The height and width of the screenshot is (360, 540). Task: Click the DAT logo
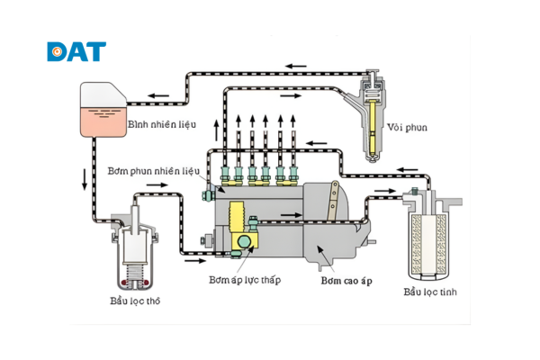[76, 50]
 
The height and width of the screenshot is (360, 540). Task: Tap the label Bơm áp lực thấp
[245, 280]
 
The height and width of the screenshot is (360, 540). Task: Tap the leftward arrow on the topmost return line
[297, 65]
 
